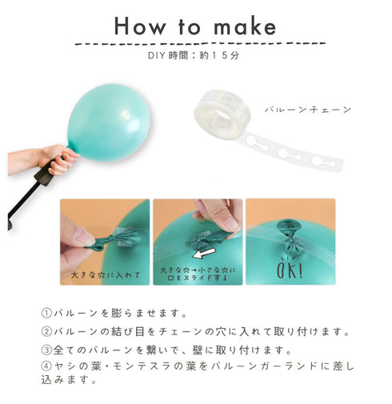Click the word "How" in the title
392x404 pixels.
(x=140, y=26)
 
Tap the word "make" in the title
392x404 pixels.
(x=245, y=26)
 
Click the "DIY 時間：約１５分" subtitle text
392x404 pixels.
(x=194, y=55)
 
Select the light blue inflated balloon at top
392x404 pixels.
(x=109, y=122)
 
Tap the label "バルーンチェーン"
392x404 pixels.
(x=308, y=110)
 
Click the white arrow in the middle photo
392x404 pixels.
(x=204, y=253)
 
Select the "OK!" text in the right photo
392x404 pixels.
(x=290, y=269)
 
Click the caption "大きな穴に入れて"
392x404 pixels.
(x=106, y=275)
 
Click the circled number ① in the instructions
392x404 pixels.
(x=46, y=313)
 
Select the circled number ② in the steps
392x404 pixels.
(x=46, y=331)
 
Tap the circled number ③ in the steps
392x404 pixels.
(x=46, y=350)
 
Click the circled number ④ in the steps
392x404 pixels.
(x=46, y=366)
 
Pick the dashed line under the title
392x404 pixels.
(x=200, y=43)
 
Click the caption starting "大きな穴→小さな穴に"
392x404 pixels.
(x=198, y=274)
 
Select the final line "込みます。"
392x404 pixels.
(x=69, y=379)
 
